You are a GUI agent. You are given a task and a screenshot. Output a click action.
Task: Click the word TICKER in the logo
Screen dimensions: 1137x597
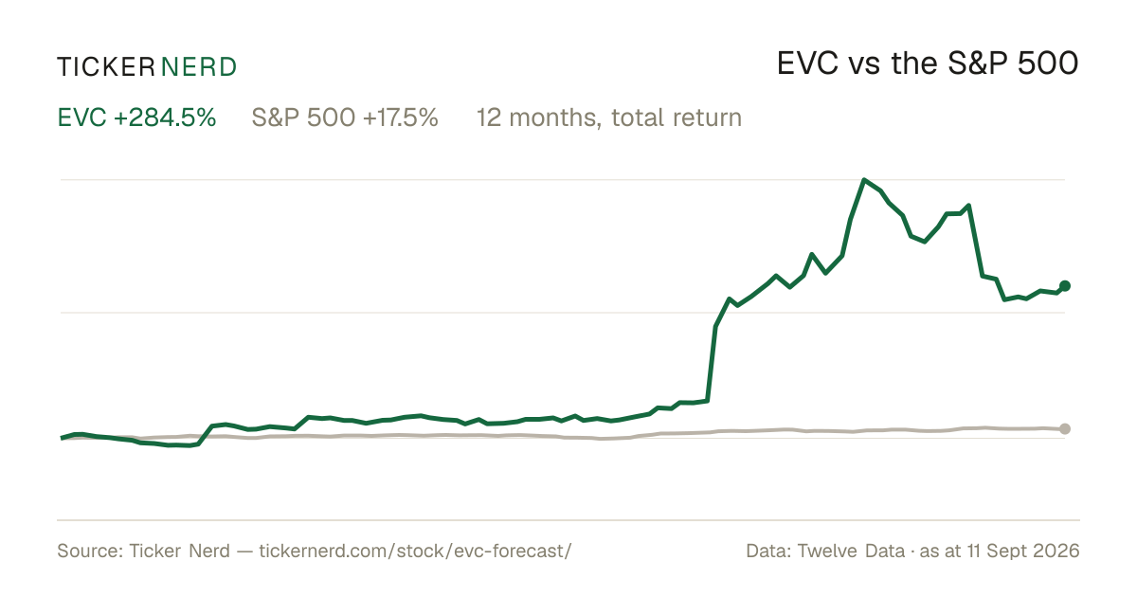tap(106, 67)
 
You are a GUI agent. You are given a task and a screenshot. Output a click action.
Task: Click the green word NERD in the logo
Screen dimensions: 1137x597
tap(198, 67)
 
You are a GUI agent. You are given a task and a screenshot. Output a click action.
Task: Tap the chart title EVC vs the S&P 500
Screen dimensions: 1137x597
tap(928, 63)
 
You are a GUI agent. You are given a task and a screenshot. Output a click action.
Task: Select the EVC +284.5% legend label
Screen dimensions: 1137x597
tap(136, 118)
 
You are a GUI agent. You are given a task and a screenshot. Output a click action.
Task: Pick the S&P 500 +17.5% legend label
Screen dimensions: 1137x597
tap(345, 118)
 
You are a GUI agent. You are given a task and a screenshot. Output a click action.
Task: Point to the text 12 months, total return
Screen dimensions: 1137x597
tap(609, 118)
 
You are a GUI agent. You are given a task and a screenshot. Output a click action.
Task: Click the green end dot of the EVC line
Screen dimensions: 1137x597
tap(1065, 286)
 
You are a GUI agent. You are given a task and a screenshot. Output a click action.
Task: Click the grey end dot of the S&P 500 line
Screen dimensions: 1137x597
tap(1065, 429)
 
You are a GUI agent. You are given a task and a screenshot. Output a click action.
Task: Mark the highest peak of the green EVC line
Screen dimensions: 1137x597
tap(864, 180)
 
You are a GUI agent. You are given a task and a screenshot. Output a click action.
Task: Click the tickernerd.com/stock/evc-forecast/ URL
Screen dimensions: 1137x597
tap(415, 551)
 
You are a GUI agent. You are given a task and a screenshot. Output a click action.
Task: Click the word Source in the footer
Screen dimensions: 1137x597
tap(88, 551)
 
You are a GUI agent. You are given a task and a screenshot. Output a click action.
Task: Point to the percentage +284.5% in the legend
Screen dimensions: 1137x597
tap(165, 118)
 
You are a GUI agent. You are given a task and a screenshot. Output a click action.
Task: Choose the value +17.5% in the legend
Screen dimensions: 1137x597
tap(401, 118)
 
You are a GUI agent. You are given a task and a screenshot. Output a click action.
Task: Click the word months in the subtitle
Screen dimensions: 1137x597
tap(555, 118)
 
